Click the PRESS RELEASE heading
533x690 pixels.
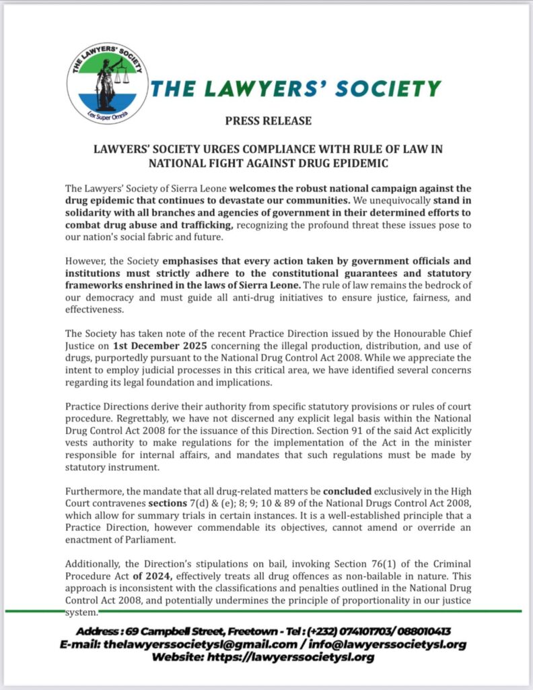pyautogui.click(x=269, y=121)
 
